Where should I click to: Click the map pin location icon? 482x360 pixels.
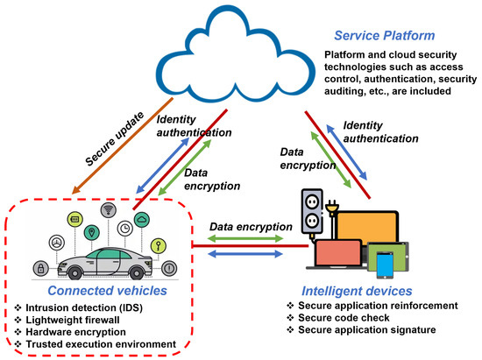92,234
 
